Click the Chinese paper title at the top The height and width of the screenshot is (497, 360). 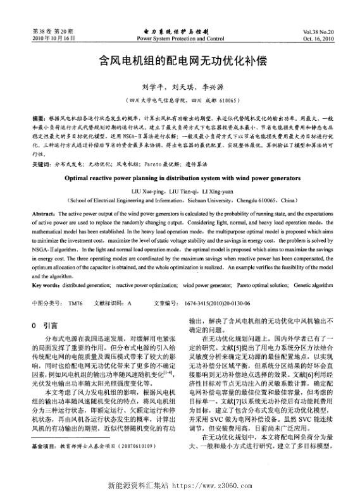180,62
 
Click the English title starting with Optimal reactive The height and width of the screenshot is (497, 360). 180,178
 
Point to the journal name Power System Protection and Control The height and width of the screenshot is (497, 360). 180,38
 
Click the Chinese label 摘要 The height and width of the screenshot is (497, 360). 38,118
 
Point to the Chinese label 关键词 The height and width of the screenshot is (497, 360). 41,164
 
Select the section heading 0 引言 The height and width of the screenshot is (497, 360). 44,325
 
